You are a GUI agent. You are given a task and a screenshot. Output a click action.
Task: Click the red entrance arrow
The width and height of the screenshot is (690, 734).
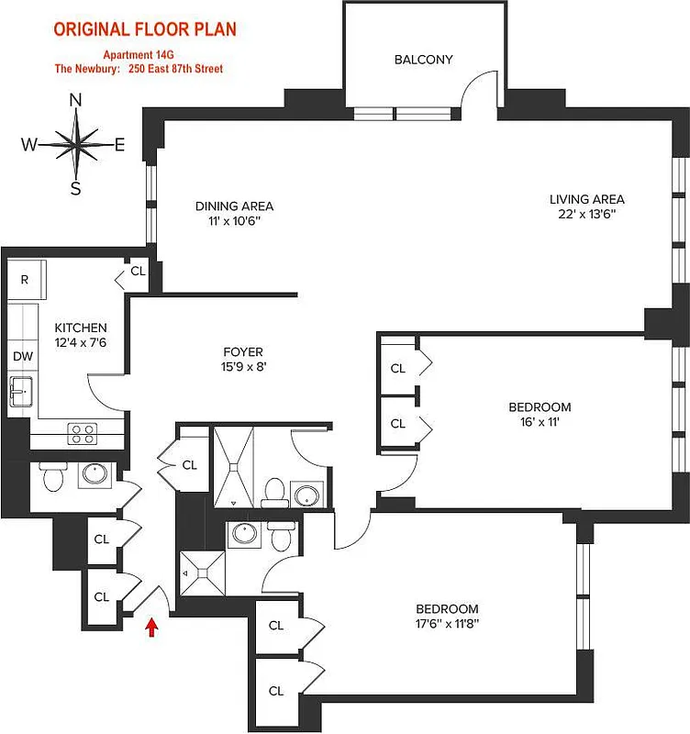pyautogui.click(x=151, y=626)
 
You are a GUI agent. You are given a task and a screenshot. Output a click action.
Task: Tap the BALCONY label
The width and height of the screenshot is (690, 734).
pyautogui.click(x=423, y=60)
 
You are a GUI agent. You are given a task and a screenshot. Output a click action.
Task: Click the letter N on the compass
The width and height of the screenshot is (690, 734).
pyautogui.click(x=76, y=101)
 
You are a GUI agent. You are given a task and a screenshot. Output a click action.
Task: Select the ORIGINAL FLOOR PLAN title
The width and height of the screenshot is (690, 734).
pyautogui.click(x=145, y=29)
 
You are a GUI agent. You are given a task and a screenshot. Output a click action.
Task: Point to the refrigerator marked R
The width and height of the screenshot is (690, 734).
pyautogui.click(x=25, y=279)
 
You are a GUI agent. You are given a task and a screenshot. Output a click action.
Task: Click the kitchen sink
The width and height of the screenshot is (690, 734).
pyautogui.click(x=21, y=393)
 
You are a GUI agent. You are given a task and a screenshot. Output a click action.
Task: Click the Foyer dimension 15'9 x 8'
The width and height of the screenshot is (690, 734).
pyautogui.click(x=243, y=367)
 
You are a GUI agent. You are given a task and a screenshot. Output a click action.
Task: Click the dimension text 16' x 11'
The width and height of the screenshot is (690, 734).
pyautogui.click(x=540, y=423)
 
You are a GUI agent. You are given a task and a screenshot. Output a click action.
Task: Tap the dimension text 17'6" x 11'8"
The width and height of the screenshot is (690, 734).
pyautogui.click(x=447, y=625)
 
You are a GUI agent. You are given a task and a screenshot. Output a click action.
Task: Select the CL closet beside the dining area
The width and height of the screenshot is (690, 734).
pyautogui.click(x=137, y=272)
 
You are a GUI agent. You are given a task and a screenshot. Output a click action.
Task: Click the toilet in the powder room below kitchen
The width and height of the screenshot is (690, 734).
pyautogui.click(x=52, y=478)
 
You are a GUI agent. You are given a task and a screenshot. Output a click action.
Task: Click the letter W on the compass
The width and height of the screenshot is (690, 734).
pyautogui.click(x=30, y=144)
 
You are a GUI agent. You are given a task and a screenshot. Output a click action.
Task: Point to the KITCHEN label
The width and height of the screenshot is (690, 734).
pyautogui.click(x=80, y=328)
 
